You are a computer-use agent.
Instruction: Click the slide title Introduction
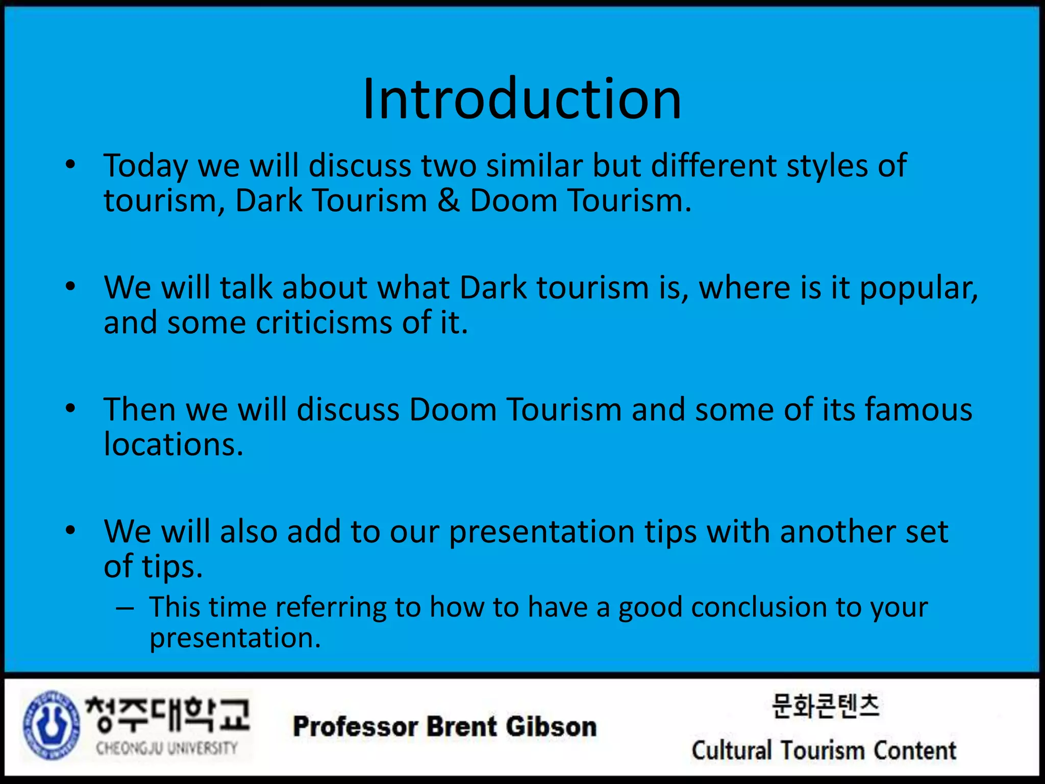[521, 99]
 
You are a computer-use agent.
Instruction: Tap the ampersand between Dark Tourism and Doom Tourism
[448, 201]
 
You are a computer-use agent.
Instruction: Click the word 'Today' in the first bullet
[146, 166]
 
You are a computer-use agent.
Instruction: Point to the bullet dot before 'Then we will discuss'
[70, 408]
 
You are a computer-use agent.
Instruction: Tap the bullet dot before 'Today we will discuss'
[70, 164]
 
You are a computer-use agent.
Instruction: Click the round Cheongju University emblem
[51, 725]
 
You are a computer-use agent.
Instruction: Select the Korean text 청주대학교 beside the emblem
[167, 714]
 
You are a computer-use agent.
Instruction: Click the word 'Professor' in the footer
[355, 727]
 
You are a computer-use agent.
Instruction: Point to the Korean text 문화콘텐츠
[825, 706]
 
